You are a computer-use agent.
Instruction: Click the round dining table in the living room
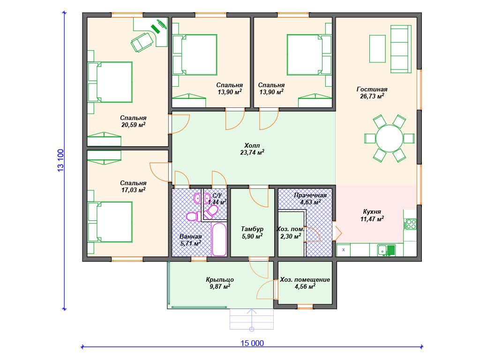tap(389, 138)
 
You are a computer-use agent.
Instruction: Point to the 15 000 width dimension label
tap(252, 343)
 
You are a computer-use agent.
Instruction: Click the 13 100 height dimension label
tap(60, 160)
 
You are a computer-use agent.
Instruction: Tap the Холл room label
tap(252, 145)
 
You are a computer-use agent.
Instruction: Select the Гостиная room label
tap(372, 89)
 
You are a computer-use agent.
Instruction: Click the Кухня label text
tap(372, 211)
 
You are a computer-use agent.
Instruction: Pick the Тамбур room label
tap(252, 229)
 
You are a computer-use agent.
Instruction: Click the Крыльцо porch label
tap(220, 279)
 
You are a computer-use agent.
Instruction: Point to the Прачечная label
tap(310, 195)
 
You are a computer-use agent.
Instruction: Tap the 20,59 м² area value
tap(133, 125)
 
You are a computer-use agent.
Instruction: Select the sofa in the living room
tap(401, 49)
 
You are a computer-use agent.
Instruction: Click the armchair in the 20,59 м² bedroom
tap(142, 42)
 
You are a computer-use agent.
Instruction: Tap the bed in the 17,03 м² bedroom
tap(110, 222)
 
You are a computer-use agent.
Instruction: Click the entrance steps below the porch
tap(252, 319)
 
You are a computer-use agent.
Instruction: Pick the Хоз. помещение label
tap(305, 279)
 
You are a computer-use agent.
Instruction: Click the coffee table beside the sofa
tap(377, 49)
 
